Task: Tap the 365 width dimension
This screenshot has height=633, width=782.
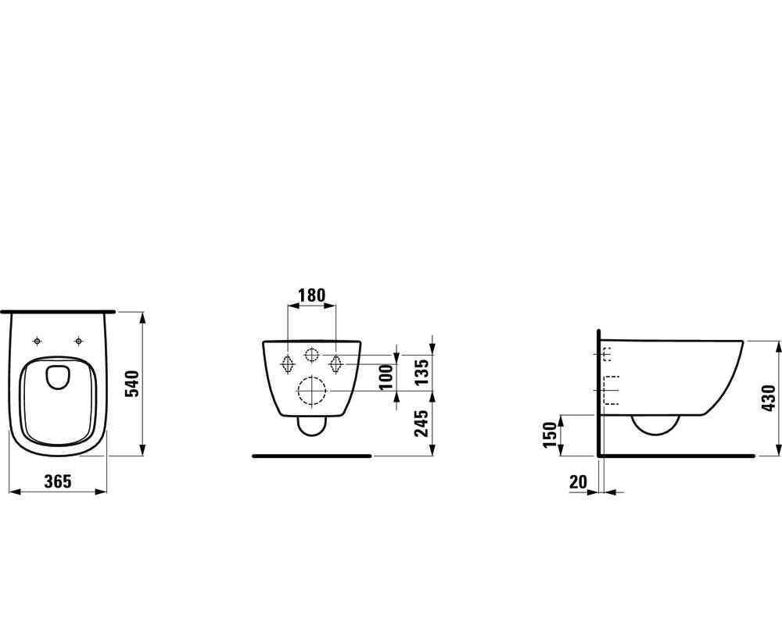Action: [x=58, y=481]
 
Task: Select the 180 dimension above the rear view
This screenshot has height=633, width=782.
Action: [x=312, y=295]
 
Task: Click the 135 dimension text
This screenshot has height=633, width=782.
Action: [x=421, y=372]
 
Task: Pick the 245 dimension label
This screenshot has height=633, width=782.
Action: [x=421, y=423]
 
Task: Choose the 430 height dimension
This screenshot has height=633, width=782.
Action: [x=769, y=398]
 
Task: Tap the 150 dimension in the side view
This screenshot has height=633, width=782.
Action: [x=550, y=435]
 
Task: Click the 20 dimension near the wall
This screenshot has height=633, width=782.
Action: [x=578, y=482]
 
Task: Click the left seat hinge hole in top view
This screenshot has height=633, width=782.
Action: [x=37, y=341]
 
